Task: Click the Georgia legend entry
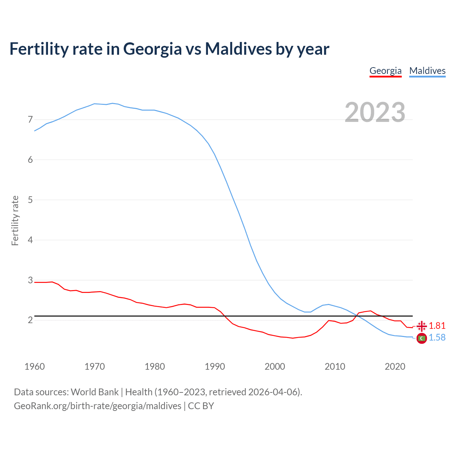click(x=385, y=71)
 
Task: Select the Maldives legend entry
click(x=427, y=71)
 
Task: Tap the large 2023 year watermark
click(x=375, y=112)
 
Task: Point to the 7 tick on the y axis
click(x=30, y=119)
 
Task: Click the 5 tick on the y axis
click(x=30, y=200)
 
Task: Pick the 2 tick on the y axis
click(x=30, y=320)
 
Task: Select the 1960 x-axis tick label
click(x=34, y=366)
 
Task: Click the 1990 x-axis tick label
click(x=215, y=366)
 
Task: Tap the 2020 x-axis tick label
click(x=395, y=366)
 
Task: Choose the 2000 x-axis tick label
click(x=275, y=366)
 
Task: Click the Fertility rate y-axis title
click(x=15, y=220)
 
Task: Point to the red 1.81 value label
click(x=437, y=326)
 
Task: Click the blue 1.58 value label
click(x=437, y=338)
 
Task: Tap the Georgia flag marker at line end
click(x=422, y=326)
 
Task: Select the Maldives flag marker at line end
click(x=422, y=338)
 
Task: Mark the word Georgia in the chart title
click(x=152, y=49)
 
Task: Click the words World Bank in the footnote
click(x=95, y=392)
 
